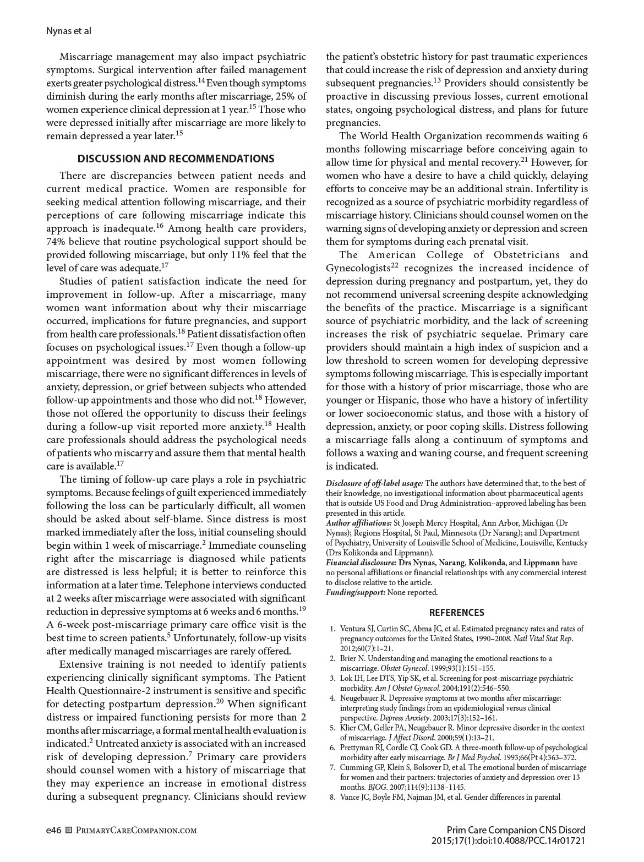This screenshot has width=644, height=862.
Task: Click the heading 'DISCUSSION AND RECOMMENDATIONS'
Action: (176, 159)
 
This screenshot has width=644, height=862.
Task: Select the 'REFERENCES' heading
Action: (456, 612)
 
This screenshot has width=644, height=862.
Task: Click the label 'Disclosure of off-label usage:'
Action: (374, 483)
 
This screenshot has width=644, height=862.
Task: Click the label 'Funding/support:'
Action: (356, 592)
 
